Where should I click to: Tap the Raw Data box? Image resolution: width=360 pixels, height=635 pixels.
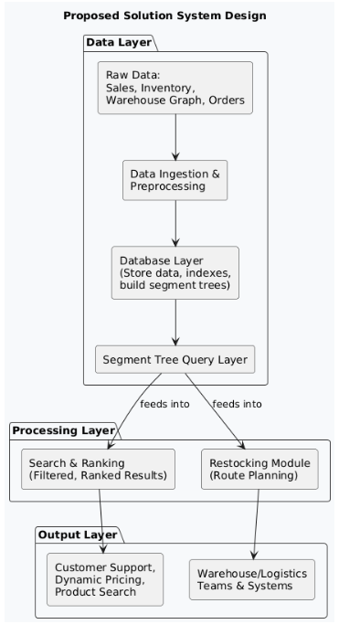point(175,88)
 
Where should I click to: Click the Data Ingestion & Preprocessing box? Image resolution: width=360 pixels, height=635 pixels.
point(175,180)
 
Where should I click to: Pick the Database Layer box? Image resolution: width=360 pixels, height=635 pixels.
point(175,272)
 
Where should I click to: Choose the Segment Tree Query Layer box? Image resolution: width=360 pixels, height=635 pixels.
point(175,359)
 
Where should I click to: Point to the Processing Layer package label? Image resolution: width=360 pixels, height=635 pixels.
point(63,430)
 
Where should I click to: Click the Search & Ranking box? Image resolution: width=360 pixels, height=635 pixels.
point(99,468)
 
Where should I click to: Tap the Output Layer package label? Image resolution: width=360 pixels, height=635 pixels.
point(78,534)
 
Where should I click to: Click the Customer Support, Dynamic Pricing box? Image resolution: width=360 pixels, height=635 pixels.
point(105,579)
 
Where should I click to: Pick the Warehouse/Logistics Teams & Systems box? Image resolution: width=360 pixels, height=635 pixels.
point(252,579)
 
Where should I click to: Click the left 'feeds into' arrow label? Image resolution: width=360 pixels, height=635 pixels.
point(164,404)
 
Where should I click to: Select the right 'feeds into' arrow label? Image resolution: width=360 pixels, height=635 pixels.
point(237,404)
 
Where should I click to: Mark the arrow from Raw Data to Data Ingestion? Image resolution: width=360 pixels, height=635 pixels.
point(175,137)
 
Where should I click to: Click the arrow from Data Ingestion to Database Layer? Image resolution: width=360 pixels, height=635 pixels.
point(175,223)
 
